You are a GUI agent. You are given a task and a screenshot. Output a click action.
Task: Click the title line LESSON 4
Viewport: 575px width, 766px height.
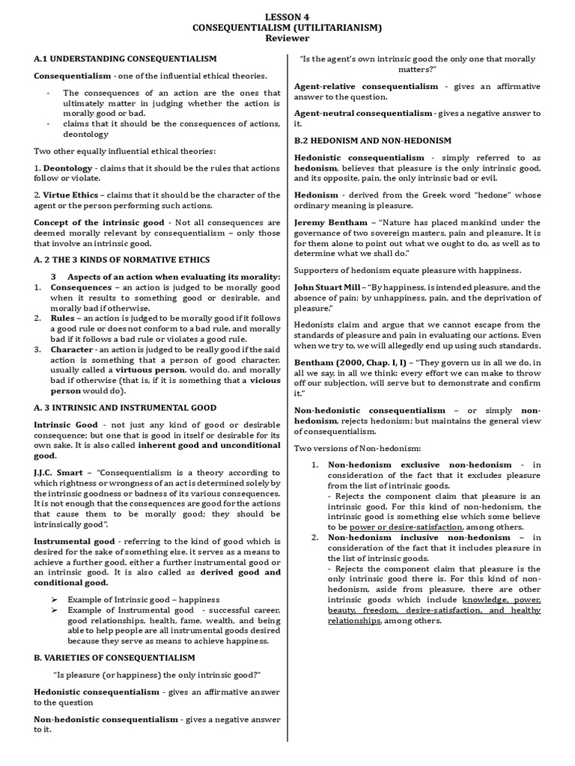coord(287,16)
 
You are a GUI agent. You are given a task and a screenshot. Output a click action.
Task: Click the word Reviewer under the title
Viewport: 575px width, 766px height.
coord(287,38)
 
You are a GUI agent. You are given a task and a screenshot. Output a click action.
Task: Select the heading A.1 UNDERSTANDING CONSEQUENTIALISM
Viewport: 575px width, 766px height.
coord(125,58)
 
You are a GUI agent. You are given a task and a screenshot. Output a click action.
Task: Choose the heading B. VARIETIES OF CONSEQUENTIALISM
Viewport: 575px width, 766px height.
coord(115,658)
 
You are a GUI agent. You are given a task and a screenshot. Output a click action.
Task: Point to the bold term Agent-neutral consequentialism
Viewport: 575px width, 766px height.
coord(363,113)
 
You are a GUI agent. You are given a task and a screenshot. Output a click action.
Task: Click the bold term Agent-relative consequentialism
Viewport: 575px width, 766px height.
coord(366,87)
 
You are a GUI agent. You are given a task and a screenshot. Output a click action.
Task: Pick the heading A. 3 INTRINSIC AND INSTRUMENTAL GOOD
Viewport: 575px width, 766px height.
coord(125,408)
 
